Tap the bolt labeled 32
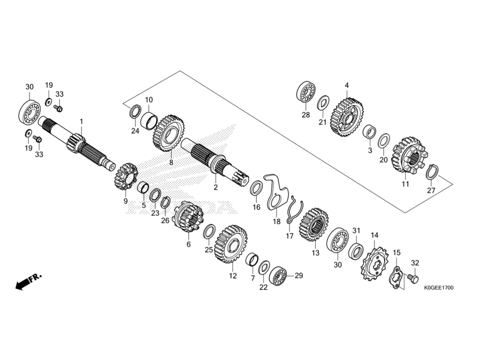[412, 278]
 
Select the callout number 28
[305, 115]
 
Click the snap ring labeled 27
[431, 173]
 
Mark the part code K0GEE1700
[437, 289]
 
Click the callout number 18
[276, 221]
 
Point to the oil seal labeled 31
[356, 248]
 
